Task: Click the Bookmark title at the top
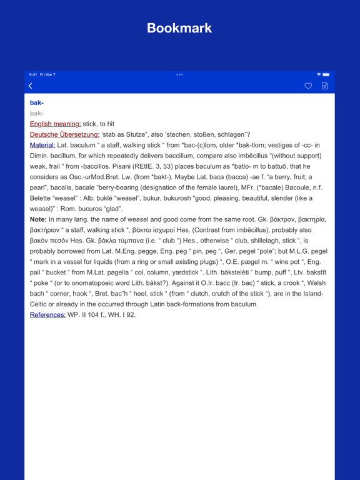coord(179,28)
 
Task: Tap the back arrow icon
coord(31,86)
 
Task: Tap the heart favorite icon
coord(308,86)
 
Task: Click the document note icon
coord(324,86)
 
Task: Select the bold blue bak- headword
coord(37,102)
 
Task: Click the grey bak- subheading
coord(37,113)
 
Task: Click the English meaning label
coord(56,124)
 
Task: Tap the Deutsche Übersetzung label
coord(64,134)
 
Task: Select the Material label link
coord(42,145)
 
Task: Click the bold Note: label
coord(38,219)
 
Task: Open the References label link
coord(47,314)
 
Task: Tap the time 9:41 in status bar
coord(33,75)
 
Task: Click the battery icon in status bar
coord(326,75)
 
